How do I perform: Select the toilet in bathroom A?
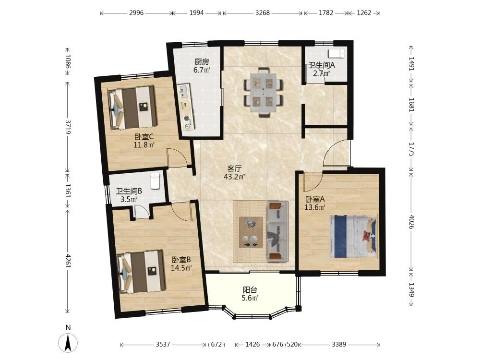point(336,54)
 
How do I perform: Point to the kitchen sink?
point(184,91)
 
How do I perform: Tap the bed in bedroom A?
point(353,237)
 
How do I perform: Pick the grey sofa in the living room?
point(277,231)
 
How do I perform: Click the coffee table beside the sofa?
point(251,232)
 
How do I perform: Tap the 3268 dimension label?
point(263,13)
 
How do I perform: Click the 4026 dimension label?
point(412,222)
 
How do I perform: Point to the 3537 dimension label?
point(163,344)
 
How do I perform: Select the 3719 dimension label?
point(68,127)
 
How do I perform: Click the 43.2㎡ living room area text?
point(235,177)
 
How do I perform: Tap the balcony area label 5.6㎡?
point(251,298)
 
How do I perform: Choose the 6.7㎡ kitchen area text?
point(202,70)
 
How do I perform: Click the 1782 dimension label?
point(326,13)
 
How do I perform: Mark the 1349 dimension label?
point(412,289)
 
